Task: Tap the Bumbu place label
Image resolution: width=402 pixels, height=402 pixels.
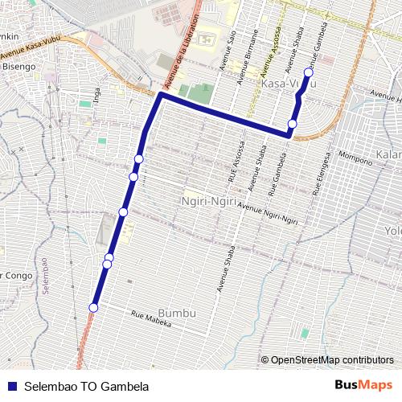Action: coord(177,312)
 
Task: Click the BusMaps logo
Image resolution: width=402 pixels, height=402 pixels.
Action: coord(364,384)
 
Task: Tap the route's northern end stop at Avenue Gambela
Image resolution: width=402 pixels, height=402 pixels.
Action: coord(308,73)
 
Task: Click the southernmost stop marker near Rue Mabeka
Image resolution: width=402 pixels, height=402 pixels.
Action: coord(94,307)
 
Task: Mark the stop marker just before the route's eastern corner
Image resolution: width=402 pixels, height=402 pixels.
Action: coord(292,124)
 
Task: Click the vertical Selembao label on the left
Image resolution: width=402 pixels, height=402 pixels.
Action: coord(46,276)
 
